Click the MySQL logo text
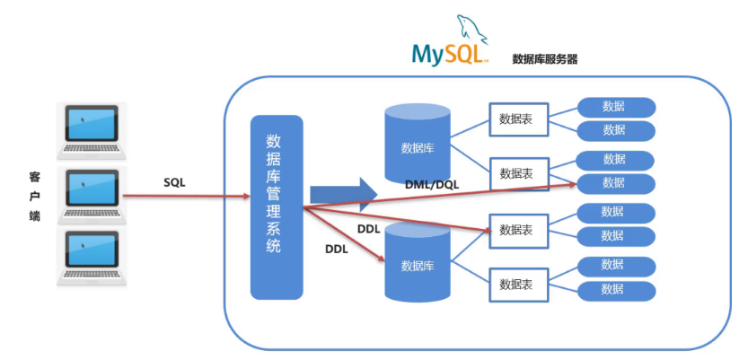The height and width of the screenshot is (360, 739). [450, 55]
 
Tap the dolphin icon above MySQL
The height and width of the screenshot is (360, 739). [472, 30]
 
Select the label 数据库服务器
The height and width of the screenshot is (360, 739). [545, 59]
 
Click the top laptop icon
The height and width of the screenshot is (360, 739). [92, 132]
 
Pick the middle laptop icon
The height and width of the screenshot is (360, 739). [92, 196]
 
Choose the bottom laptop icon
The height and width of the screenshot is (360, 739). [92, 258]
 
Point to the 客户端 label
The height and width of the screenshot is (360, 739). [34, 197]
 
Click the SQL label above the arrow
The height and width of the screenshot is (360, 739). [174, 183]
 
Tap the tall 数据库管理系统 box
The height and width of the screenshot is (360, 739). [277, 207]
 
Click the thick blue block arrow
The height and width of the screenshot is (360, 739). [344, 194]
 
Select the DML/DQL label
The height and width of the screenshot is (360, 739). [432, 185]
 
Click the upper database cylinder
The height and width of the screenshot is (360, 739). [418, 144]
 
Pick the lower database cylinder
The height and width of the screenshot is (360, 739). [418, 262]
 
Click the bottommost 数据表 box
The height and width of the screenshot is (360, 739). [519, 285]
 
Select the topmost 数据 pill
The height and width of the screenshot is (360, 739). [617, 107]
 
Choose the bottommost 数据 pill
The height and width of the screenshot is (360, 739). [617, 291]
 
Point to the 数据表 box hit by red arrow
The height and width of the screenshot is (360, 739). [519, 231]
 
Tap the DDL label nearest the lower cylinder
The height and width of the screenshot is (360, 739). [337, 250]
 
